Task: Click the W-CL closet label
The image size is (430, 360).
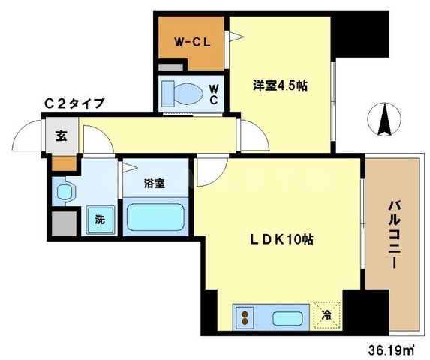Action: click(x=193, y=43)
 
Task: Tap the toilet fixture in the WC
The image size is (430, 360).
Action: click(x=182, y=94)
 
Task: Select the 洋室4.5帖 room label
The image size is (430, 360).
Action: click(x=280, y=85)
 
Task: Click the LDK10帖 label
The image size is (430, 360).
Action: click(x=281, y=240)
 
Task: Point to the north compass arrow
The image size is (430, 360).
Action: click(x=384, y=119)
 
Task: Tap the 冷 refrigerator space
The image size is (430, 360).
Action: click(x=326, y=315)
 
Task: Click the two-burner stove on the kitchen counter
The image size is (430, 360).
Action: click(x=245, y=317)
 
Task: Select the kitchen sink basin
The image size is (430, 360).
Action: click(x=287, y=318)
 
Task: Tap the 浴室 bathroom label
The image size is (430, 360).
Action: click(x=155, y=184)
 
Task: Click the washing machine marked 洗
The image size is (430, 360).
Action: click(x=101, y=220)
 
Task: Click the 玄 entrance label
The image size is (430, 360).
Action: click(x=61, y=136)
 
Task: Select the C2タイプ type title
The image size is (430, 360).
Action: click(x=74, y=103)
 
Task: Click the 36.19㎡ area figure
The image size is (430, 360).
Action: click(x=391, y=349)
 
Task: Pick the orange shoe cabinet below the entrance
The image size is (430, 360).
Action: click(x=65, y=163)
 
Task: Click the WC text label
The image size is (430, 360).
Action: click(x=214, y=94)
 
